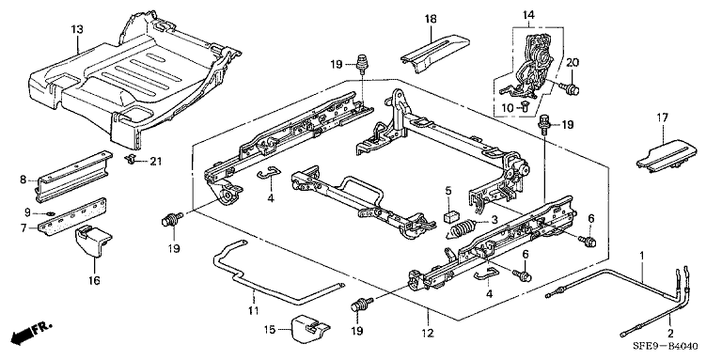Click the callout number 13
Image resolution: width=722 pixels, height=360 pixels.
[x=77, y=30]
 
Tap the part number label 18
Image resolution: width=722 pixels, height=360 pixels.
[x=431, y=20]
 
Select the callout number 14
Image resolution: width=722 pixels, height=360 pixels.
[x=528, y=16]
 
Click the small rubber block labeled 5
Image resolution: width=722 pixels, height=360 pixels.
[x=450, y=217]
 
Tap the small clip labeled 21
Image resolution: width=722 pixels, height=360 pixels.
[x=132, y=159]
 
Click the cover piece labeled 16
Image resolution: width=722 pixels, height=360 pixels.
[x=92, y=242]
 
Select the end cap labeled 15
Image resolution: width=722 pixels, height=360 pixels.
[x=310, y=326]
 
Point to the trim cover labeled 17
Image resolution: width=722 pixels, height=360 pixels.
[x=667, y=158]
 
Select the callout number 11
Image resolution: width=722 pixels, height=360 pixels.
[x=253, y=312]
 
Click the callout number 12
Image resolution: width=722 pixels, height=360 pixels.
[x=429, y=332]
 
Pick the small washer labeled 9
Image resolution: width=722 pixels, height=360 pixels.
[x=52, y=212]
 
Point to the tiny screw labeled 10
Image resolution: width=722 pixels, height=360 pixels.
[x=525, y=105]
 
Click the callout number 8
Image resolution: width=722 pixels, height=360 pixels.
[x=24, y=180]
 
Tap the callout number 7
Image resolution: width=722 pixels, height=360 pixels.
[x=23, y=227]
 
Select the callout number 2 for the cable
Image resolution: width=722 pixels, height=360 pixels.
[x=670, y=333]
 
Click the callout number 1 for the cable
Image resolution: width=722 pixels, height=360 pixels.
[x=642, y=254]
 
